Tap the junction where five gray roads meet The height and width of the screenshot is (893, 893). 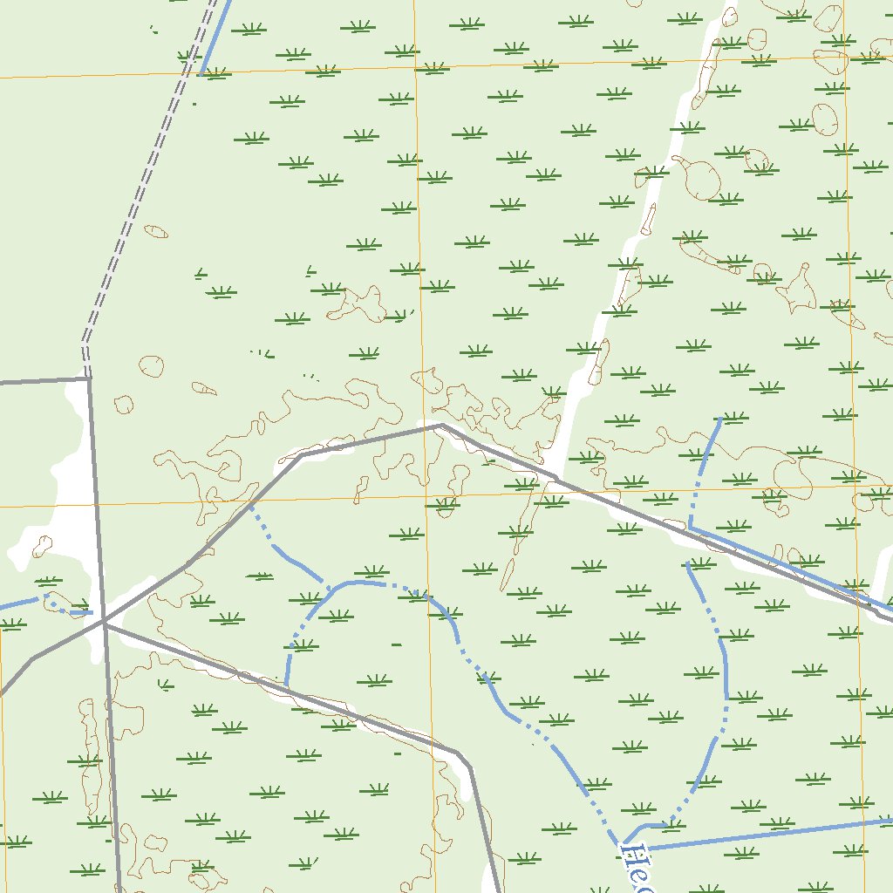point(104,622)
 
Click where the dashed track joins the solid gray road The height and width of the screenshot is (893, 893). point(87,378)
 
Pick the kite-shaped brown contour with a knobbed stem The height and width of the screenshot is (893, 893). point(796,288)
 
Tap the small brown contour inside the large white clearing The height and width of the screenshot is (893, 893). point(41,546)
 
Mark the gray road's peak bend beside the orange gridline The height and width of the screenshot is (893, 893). point(441,425)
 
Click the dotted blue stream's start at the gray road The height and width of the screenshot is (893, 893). point(250,505)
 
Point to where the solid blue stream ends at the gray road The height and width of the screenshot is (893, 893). point(285,685)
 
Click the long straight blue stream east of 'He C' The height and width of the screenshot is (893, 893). point(767,833)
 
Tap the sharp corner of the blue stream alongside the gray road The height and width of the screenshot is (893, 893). point(690,528)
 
